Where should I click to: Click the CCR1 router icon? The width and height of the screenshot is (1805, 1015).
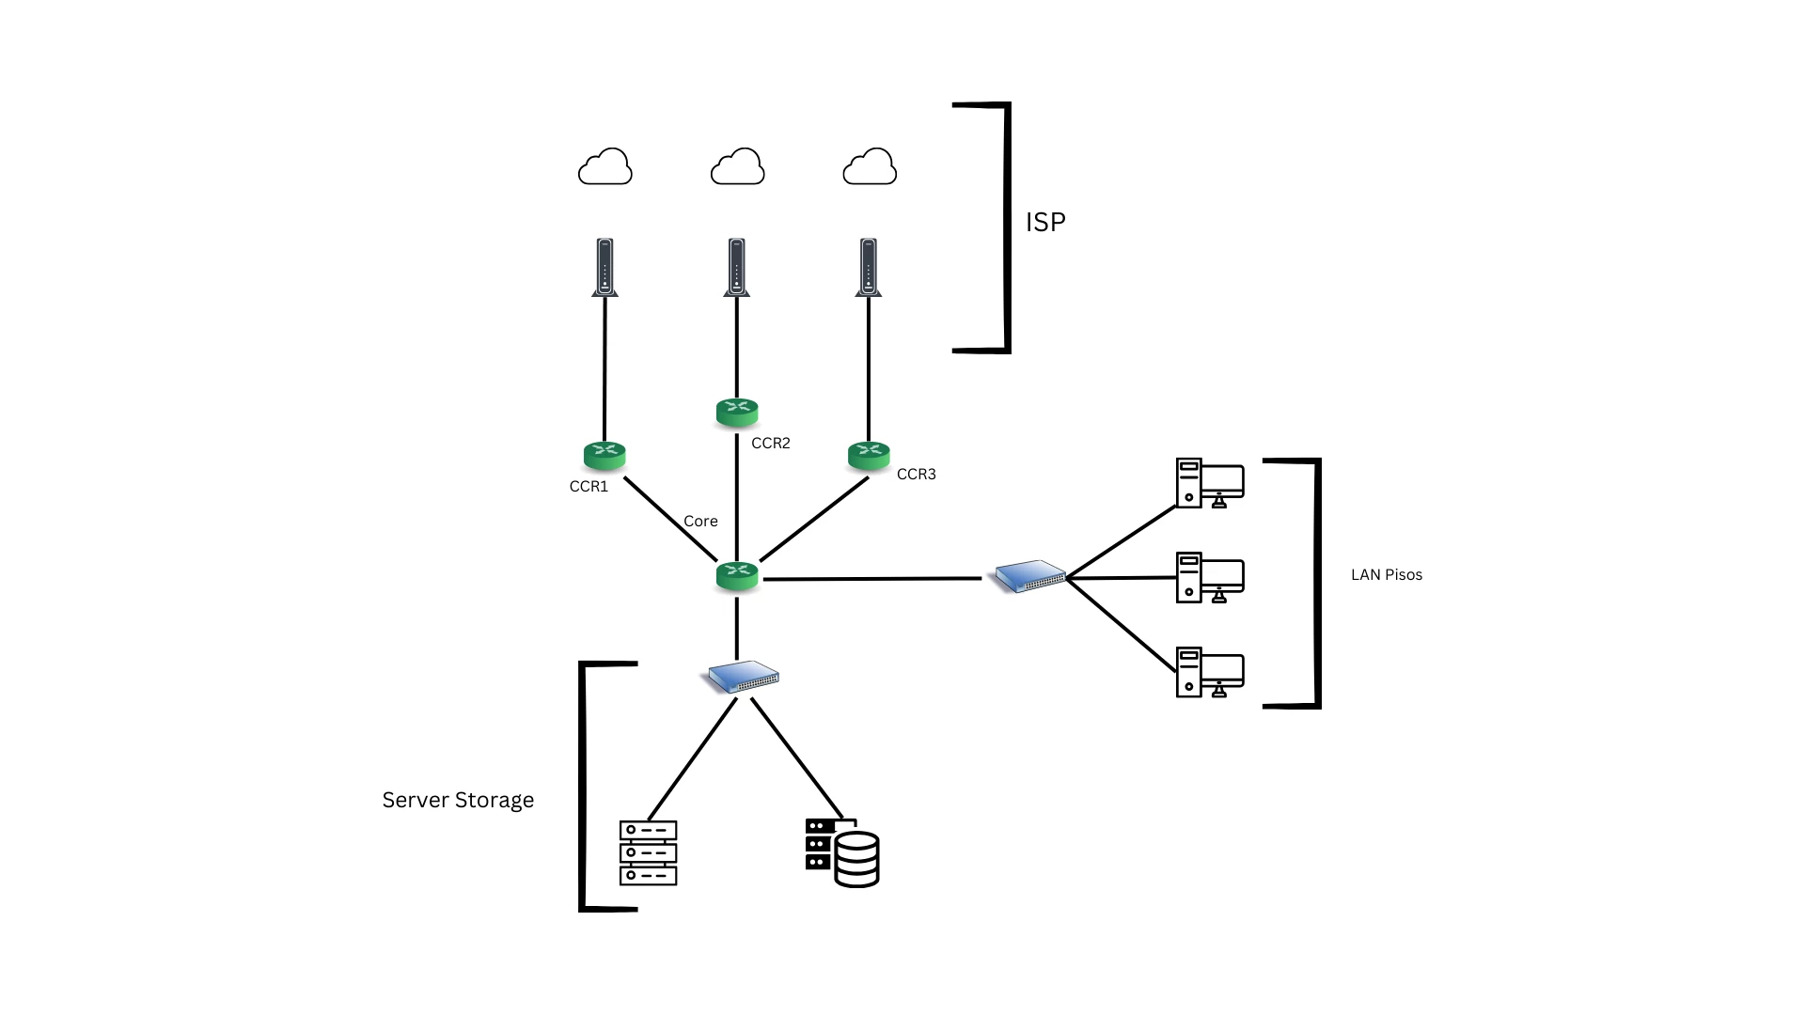[x=604, y=456]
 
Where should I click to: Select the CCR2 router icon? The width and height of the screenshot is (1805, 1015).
[x=737, y=413]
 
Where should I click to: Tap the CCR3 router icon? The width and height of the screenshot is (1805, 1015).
[x=869, y=456]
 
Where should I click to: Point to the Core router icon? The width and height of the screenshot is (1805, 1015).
[x=737, y=576]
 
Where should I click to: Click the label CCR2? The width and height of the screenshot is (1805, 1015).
[x=771, y=444]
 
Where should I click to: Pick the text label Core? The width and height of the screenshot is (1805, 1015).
[x=700, y=522]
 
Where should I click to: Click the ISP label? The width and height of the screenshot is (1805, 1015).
[x=1045, y=222]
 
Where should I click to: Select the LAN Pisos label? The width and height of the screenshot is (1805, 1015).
[x=1387, y=575]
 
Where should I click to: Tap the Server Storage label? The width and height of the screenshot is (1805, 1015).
[x=458, y=800]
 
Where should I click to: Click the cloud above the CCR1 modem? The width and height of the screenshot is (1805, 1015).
[x=605, y=167]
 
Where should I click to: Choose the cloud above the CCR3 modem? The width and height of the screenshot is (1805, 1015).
[x=870, y=167]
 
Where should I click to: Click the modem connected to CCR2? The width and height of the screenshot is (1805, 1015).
[x=737, y=268]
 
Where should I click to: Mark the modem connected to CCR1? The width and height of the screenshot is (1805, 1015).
[x=605, y=268]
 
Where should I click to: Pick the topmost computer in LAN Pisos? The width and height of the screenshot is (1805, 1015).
[x=1210, y=483]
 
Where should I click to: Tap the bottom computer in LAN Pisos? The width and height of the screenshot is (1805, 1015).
[x=1210, y=672]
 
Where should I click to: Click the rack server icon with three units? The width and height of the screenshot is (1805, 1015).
[x=649, y=853]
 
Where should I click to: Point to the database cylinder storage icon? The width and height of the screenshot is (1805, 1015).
[x=842, y=853]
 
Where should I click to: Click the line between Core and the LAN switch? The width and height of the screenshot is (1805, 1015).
[x=872, y=579]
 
